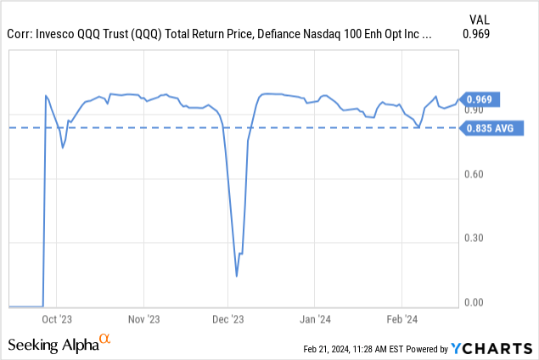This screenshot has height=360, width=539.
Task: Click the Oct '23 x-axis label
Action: pos(56,319)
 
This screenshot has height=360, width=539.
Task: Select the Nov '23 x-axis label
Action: pos(143,319)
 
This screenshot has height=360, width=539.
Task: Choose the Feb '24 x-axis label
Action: pos(401,319)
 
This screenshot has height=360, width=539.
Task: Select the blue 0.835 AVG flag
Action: pos(491,128)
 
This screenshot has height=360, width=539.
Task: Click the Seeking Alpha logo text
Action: pos(53,345)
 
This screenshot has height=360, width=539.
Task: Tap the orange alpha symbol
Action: pos(105,340)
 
